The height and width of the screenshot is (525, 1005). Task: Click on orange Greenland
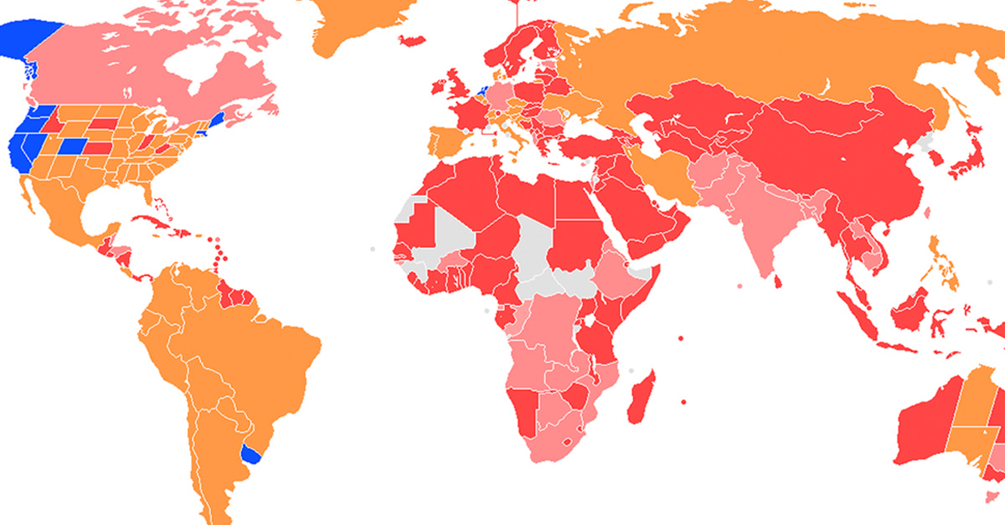click(x=360, y=21)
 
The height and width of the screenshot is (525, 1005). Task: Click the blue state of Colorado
click(x=72, y=146)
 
